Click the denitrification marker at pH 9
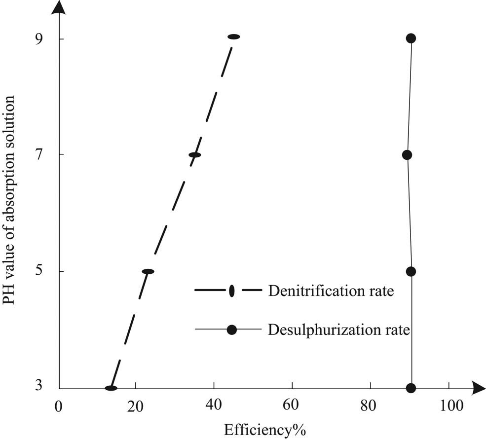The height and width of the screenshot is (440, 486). [233, 37]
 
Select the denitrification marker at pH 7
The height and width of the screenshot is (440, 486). [195, 155]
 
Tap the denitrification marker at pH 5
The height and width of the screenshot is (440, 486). [148, 271]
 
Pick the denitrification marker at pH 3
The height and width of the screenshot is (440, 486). [111, 388]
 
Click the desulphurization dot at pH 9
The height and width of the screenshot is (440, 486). [411, 38]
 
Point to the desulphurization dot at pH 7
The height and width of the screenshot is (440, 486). [407, 155]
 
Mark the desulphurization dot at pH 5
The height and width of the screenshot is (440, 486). [411, 271]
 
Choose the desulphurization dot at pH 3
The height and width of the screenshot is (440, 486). [411, 388]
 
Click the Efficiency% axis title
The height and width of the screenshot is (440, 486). [265, 430]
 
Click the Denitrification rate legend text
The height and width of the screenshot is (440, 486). [331, 291]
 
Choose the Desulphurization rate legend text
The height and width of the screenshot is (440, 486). [339, 330]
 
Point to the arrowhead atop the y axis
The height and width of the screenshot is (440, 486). [59, 7]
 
